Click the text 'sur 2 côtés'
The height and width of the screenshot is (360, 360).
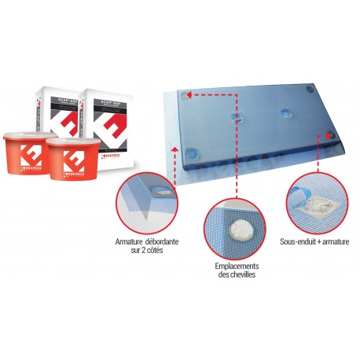(141, 248)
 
